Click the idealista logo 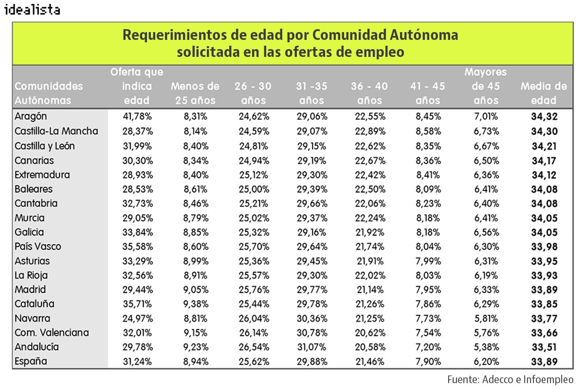coord(32,10)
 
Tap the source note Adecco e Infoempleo coord(510,379)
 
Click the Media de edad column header coord(544,93)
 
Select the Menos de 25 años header coord(195,93)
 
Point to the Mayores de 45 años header coord(486,87)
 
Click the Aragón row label coord(31,117)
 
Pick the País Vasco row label coord(38,247)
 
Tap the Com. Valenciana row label coord(52,333)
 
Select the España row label coord(31,362)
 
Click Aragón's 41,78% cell coord(136,117)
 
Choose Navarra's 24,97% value coord(136,318)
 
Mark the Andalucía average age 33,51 coord(544,347)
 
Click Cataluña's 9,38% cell coord(195,304)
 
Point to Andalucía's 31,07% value coord(311,347)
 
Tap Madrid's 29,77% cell coord(311,290)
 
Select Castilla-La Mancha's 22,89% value coord(369,131)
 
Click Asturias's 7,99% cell coord(427,261)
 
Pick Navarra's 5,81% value coord(486,318)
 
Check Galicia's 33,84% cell coord(136,232)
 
